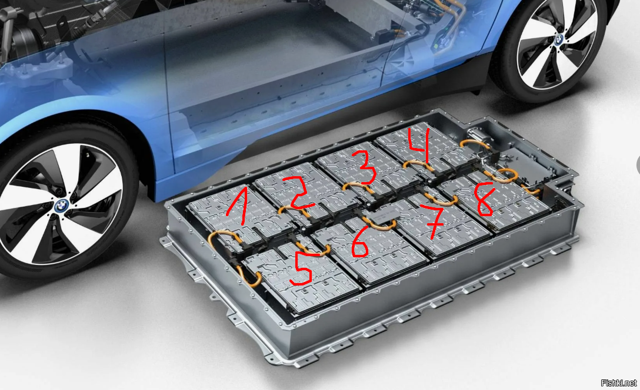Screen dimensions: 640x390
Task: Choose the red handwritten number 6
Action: pyautogui.click(x=360, y=243)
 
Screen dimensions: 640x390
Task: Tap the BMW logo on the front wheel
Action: pyautogui.click(x=62, y=206)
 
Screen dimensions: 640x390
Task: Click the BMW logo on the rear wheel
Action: pyautogui.click(x=559, y=40)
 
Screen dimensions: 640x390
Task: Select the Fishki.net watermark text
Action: pyautogui.click(x=618, y=383)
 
